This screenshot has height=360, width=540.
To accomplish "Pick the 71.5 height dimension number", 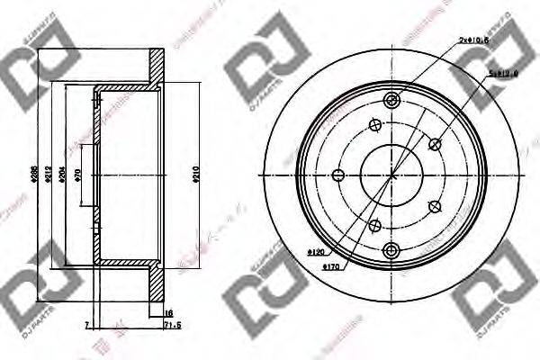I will (x=173, y=325).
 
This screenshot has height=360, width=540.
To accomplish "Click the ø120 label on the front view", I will (x=315, y=252).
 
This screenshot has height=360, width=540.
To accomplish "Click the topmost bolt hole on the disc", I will (x=390, y=100).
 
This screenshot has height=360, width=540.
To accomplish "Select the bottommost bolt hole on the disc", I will (x=390, y=249).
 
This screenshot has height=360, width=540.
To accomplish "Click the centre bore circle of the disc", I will (x=391, y=175).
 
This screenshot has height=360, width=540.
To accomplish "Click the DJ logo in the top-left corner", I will (x=40, y=58).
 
